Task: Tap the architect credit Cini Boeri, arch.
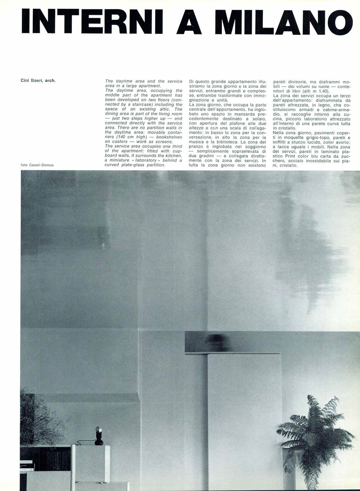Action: [x=38, y=80]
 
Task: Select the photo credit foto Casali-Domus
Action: [x=37, y=165]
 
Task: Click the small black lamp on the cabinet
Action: [x=99, y=436]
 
